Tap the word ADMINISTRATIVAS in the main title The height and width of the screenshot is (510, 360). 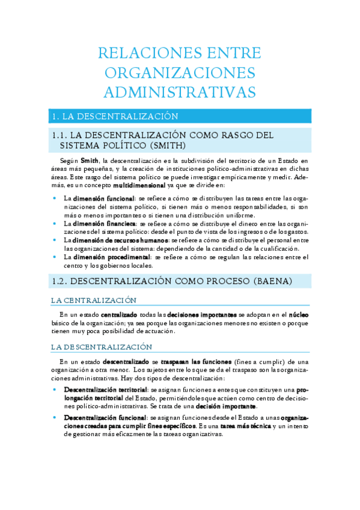coord(180,92)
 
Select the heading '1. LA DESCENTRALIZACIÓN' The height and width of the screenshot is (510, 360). coord(115,116)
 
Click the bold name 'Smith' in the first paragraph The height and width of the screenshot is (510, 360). coord(90,161)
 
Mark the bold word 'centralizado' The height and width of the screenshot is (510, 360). coord(119,315)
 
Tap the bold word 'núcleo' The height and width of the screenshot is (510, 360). coord(299,315)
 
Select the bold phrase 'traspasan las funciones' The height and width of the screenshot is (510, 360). coord(195,361)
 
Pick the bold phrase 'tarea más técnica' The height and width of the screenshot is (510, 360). coord(240,425)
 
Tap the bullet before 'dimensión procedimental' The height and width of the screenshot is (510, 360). coord(55,257)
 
